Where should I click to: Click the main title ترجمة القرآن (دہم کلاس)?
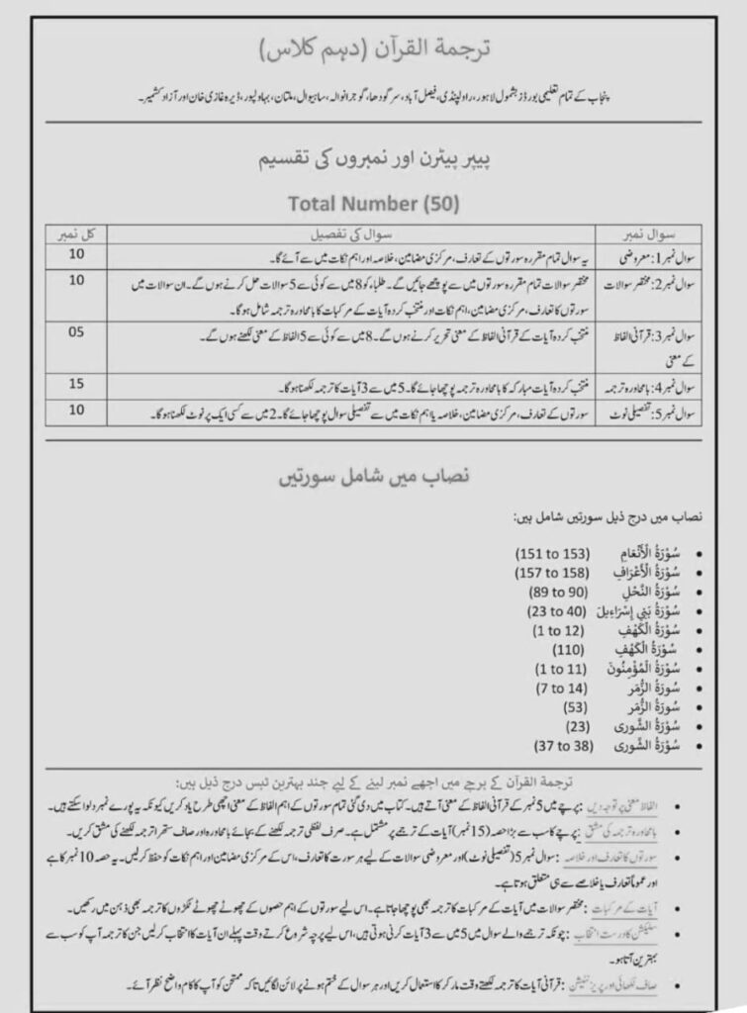tap(373, 46)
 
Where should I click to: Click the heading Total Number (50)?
tap(373, 204)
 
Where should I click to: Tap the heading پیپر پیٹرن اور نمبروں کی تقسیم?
tap(373, 157)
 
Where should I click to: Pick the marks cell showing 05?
tap(76, 333)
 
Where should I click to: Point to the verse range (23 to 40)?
tap(559, 610)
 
